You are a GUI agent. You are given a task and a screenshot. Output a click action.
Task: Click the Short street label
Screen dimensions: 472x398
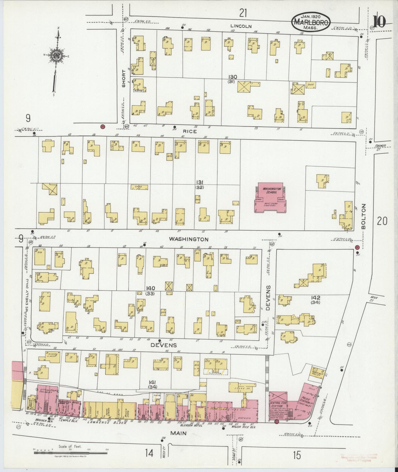tap(124, 78)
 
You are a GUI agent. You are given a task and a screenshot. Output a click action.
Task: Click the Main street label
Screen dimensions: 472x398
tap(178, 433)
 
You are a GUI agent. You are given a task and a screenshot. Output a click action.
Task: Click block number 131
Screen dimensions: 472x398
tap(200, 182)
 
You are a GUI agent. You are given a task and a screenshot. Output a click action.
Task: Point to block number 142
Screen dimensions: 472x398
tap(316, 298)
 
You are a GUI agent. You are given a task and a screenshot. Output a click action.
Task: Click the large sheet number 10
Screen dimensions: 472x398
tap(379, 21)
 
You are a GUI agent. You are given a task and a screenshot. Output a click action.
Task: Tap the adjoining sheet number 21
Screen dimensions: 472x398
tap(243, 13)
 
